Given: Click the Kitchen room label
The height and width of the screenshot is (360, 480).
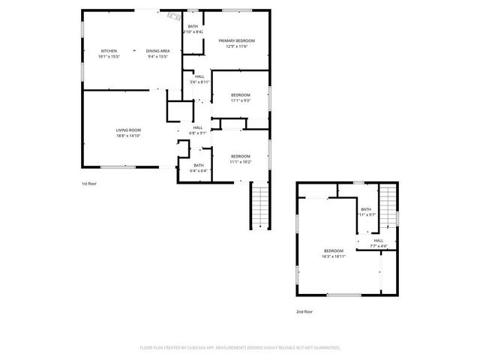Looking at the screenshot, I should click(x=109, y=51).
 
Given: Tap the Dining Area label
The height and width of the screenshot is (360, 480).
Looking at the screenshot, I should click(x=157, y=51).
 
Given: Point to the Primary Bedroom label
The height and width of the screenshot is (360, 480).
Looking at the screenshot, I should click(x=237, y=40).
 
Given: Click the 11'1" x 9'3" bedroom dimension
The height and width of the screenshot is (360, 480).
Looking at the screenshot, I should click(x=240, y=100).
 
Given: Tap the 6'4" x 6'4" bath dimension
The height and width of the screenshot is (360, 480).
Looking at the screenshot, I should click(x=199, y=171).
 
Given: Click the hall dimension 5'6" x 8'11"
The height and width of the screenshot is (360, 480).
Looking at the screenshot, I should click(x=199, y=82).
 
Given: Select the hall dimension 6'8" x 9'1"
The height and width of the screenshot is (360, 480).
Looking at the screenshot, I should click(x=198, y=133).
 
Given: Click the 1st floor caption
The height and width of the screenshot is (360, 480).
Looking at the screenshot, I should click(x=89, y=183).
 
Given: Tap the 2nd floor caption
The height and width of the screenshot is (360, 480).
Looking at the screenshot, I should click(x=304, y=311).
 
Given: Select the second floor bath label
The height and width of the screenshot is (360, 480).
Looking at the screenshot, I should click(x=366, y=209).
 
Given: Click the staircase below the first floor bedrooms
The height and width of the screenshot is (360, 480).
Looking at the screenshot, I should click(x=259, y=206).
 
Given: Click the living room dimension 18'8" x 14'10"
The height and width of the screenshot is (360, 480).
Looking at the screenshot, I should click(x=128, y=136).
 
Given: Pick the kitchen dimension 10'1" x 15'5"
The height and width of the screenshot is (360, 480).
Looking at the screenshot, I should click(x=109, y=56).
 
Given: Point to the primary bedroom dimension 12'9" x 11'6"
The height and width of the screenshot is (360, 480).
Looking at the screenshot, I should click(x=237, y=46).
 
